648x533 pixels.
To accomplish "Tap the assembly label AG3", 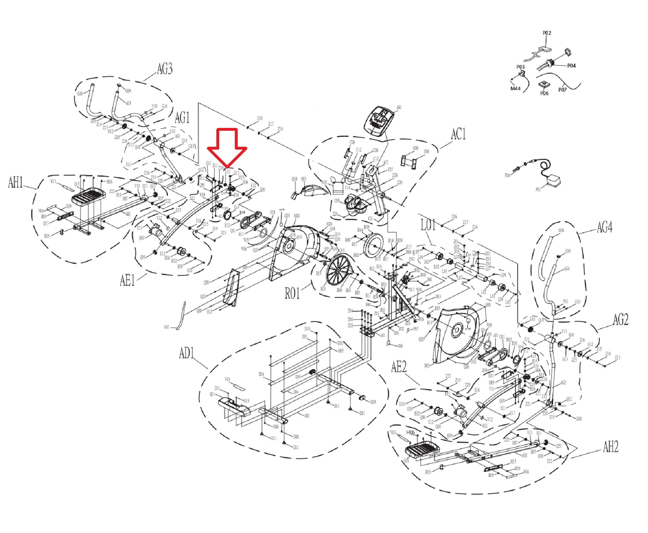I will click(x=164, y=69).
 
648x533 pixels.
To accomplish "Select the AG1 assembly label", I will click(x=182, y=118).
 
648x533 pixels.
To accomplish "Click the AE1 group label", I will click(x=127, y=280).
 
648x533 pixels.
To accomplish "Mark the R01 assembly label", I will click(x=292, y=293).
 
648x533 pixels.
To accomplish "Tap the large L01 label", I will click(x=428, y=225).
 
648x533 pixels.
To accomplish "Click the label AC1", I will click(x=458, y=134).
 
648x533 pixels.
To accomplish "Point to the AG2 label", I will click(x=620, y=319).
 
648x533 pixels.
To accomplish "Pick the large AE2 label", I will click(x=399, y=367).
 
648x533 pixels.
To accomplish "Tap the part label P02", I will click(x=547, y=33).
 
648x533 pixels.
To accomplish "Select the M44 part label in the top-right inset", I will click(x=515, y=88).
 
